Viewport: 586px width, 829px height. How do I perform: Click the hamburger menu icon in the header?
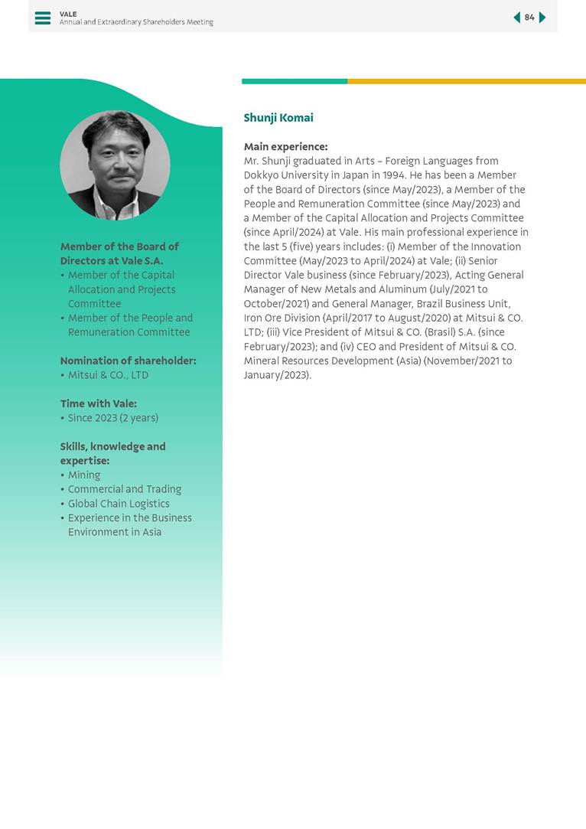pos(43,18)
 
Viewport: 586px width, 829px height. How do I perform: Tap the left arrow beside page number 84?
pos(516,18)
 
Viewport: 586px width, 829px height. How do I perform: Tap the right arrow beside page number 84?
pos(542,18)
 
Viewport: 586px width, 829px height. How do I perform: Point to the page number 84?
pos(529,18)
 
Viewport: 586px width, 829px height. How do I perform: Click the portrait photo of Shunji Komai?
pos(115,165)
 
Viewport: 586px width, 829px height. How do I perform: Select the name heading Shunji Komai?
pos(278,118)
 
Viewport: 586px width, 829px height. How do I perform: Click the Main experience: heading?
pos(285,146)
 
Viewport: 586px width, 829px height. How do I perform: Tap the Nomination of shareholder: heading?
pos(128,361)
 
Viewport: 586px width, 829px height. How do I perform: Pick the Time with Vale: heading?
pos(98,403)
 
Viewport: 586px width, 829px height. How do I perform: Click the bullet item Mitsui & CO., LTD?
pos(108,375)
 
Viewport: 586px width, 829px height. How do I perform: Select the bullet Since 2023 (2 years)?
pos(112,418)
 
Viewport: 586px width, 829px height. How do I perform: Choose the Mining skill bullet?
pos(84,475)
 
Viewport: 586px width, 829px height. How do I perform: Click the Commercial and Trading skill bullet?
pos(125,489)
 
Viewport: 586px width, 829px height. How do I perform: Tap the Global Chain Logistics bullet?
pos(119,504)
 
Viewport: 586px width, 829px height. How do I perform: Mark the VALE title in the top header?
pos(68,14)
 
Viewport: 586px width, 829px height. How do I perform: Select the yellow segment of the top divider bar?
pos(466,81)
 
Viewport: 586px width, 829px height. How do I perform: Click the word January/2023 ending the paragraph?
pos(276,375)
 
